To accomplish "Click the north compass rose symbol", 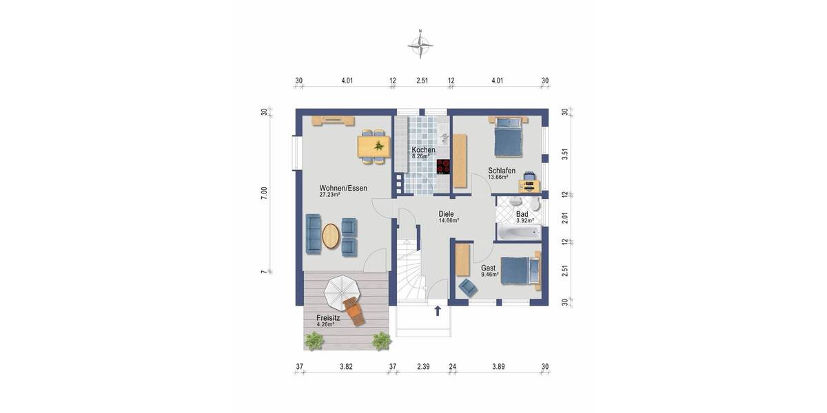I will click(x=420, y=46).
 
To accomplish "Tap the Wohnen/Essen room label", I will click(x=343, y=188).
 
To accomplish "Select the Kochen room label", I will click(x=423, y=150).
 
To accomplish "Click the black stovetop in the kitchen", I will click(x=443, y=167).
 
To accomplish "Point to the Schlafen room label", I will click(x=501, y=171).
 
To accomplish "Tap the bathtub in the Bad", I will click(x=518, y=233).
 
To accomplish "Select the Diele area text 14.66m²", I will click(x=449, y=221).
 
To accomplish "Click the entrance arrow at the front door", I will click(x=438, y=311).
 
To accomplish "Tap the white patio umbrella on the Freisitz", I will click(x=340, y=293).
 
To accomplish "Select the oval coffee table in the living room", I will click(x=331, y=236).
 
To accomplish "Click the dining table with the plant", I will click(x=374, y=146).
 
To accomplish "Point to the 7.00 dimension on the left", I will click(x=264, y=193).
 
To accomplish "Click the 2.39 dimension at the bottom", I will click(x=423, y=367).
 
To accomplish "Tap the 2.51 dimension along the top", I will click(x=422, y=81).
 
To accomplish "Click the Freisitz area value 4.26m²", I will click(x=325, y=324).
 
